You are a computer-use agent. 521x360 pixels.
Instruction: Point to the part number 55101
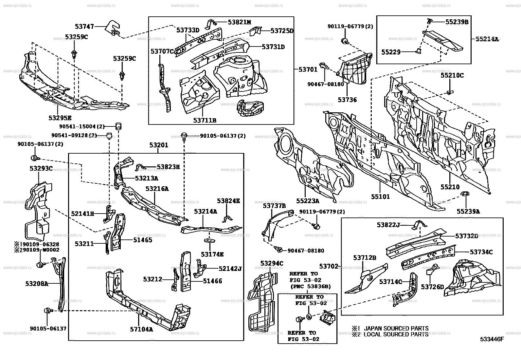pyautogui.click(x=380, y=197)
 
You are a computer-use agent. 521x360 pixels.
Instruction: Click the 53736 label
pyautogui.click(x=347, y=100)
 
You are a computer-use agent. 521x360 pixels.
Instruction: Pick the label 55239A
pyautogui.click(x=468, y=211)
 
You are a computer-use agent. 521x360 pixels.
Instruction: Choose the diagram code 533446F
pyautogui.click(x=492, y=339)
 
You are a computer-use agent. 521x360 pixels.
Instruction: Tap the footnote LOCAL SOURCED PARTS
pyautogui.click(x=396, y=334)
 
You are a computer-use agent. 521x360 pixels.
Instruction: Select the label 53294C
pyautogui.click(x=272, y=263)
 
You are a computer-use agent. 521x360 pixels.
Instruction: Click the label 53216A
pyautogui.click(x=157, y=189)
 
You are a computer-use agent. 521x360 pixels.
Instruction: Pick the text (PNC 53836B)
pyautogui.click(x=310, y=286)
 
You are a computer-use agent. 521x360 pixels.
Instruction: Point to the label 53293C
pyautogui.click(x=41, y=168)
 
